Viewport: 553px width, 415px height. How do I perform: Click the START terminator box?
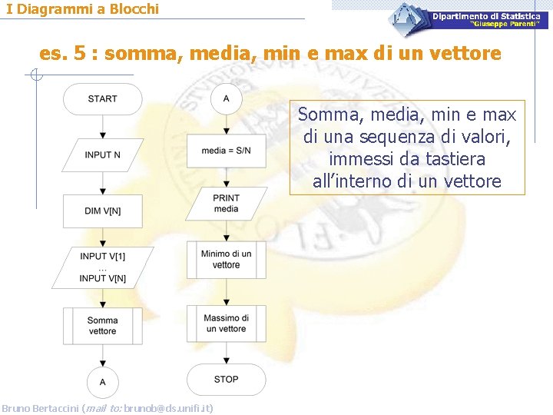click(x=102, y=99)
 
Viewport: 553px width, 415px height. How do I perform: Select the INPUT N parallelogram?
click(x=102, y=154)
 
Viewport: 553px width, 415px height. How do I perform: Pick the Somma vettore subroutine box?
click(x=102, y=326)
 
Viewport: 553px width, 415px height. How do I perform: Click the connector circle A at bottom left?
click(x=102, y=381)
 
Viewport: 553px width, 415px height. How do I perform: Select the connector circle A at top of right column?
click(x=226, y=98)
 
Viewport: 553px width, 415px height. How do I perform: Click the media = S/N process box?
click(x=226, y=150)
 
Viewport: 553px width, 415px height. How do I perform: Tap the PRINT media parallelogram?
click(x=226, y=204)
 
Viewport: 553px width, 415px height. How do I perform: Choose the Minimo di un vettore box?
click(x=226, y=260)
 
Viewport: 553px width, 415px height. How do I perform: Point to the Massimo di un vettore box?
click(x=226, y=324)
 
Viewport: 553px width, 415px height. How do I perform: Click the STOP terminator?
click(x=226, y=380)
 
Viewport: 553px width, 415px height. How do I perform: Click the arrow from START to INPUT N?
click(x=102, y=126)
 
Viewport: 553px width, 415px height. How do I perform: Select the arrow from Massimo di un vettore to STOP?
click(x=226, y=352)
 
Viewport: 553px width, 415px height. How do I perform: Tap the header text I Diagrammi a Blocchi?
click(x=83, y=9)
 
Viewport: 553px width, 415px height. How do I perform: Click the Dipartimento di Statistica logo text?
click(x=485, y=16)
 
